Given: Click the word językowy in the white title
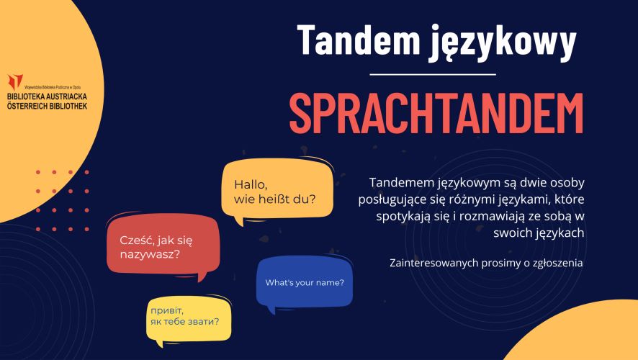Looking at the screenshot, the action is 503,42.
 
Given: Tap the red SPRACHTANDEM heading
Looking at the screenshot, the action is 436,113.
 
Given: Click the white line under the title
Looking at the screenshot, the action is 433,74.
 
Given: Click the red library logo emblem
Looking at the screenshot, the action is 15,81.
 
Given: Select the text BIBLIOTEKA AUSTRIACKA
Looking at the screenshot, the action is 48,96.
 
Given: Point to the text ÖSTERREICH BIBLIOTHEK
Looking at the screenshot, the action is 48,106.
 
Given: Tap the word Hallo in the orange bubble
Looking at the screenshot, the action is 251,184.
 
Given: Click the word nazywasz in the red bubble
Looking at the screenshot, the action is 148,255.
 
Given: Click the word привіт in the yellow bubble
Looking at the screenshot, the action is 167,311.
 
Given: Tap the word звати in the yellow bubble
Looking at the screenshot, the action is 202,321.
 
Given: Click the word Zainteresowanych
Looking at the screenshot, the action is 433,263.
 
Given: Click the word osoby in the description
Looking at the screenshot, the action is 567,183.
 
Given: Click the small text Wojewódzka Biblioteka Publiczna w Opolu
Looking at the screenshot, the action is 53,87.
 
